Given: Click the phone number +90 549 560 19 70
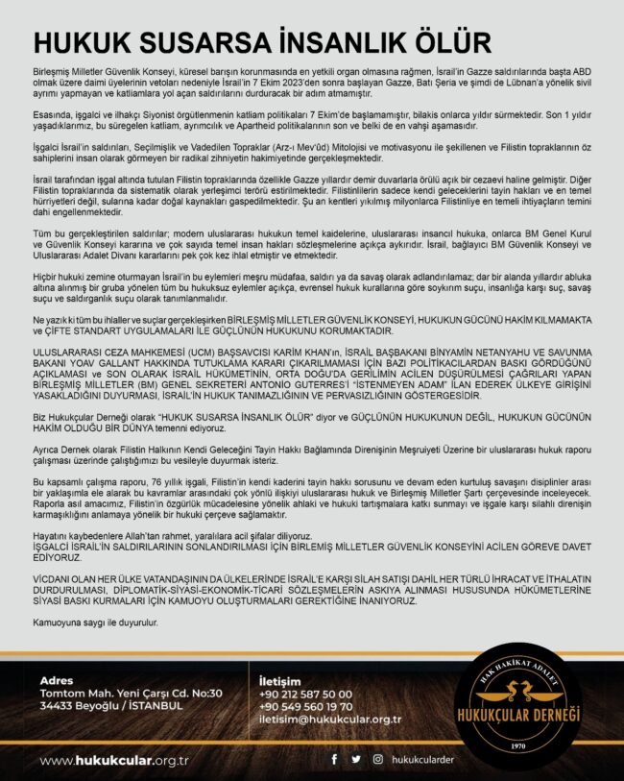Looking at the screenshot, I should tap(305, 706).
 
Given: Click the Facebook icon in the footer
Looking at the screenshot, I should tap(334, 759).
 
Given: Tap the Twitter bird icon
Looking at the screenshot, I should tap(356, 759).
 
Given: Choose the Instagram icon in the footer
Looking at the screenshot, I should tap(378, 759).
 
